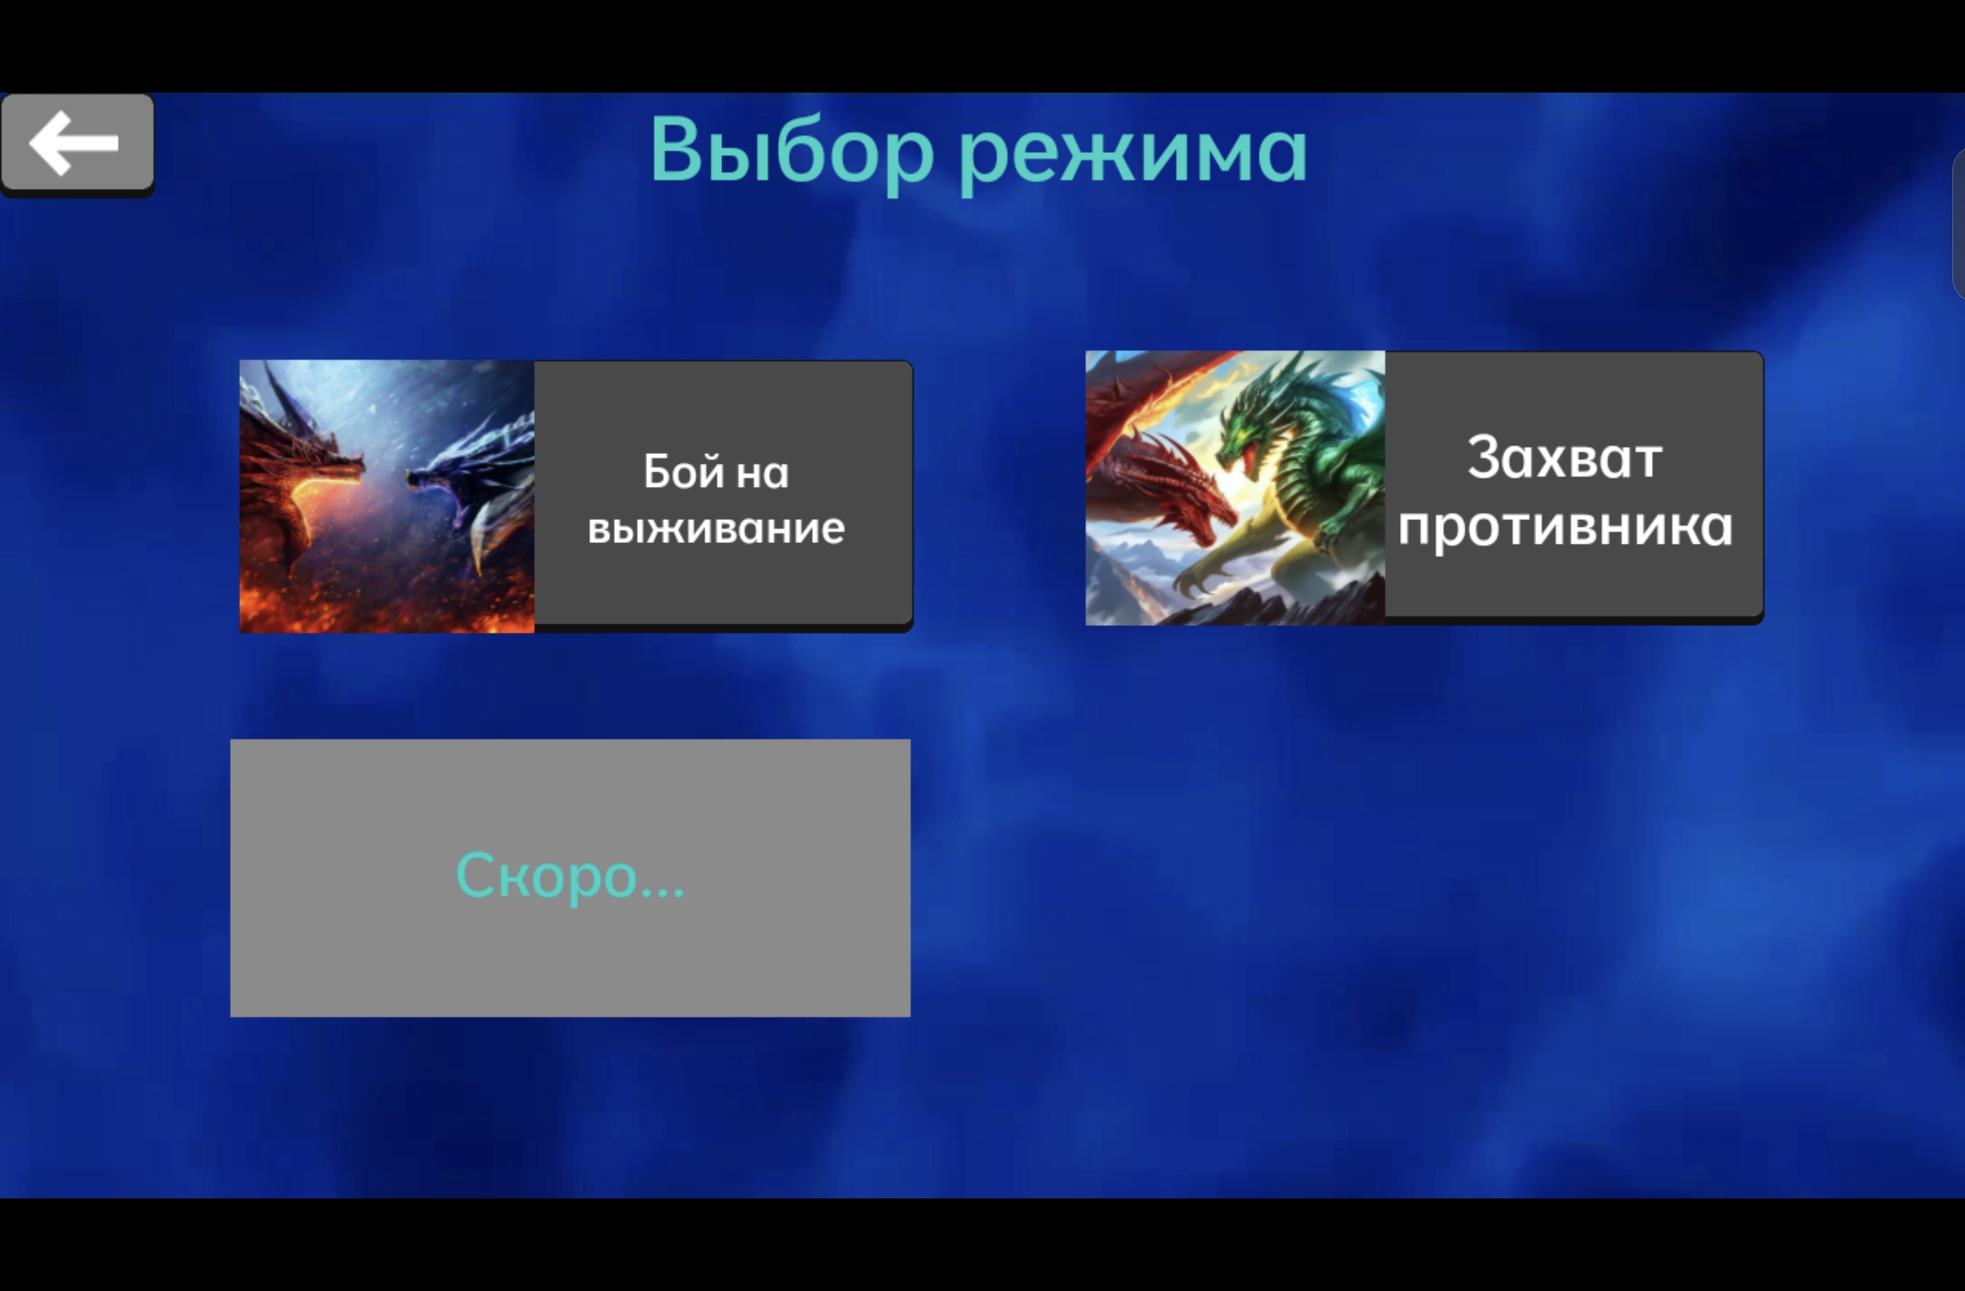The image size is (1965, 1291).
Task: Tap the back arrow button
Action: click(76, 144)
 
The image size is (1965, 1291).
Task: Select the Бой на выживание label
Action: click(716, 499)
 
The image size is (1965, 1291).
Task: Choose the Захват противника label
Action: click(1564, 491)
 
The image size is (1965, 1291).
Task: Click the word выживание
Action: click(716, 528)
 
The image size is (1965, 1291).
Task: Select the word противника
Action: click(1564, 527)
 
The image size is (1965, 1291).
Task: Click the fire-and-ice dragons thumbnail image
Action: click(387, 496)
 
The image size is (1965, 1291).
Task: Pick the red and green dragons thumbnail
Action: click(1235, 488)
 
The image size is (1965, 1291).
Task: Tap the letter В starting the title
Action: click(679, 149)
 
